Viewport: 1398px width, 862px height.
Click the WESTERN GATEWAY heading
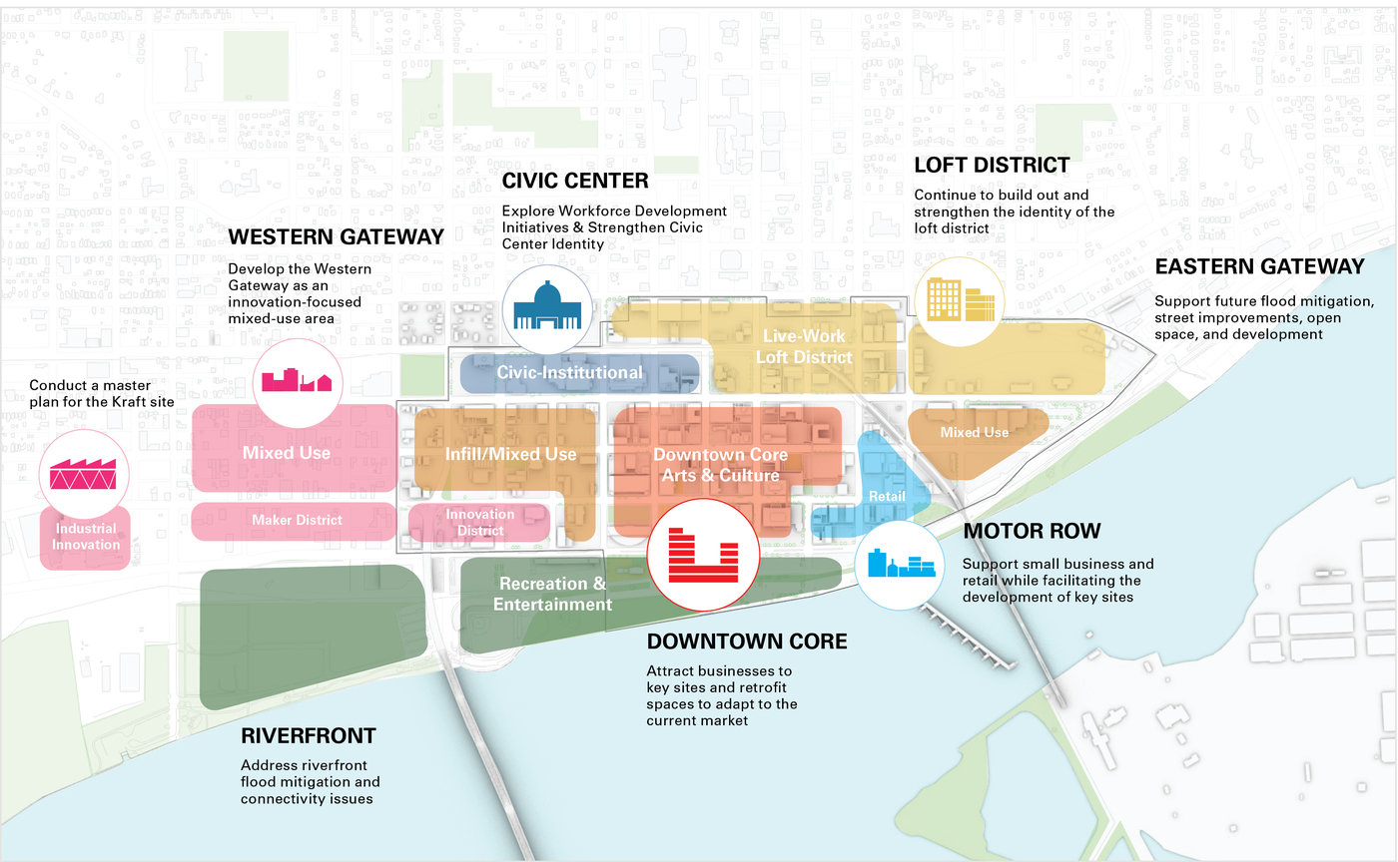coord(336,237)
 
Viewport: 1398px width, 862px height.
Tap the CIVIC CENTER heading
coord(575,182)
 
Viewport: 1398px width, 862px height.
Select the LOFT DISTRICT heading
coord(992,166)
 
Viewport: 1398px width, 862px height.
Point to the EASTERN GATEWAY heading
coord(1259,266)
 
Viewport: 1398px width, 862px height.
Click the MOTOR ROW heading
coord(1032,532)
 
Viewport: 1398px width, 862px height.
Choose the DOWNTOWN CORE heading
coord(747,642)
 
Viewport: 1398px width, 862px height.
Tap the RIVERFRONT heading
coord(309,737)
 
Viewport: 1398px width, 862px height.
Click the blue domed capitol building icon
coord(546,303)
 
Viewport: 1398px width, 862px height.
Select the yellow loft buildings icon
coord(961,300)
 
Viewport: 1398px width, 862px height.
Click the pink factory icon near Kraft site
coord(84,473)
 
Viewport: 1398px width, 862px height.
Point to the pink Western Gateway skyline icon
coord(297,381)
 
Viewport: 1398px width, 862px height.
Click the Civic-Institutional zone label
coord(570,373)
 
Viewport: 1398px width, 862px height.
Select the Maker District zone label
coord(297,520)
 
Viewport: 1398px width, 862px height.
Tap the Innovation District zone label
coord(480,523)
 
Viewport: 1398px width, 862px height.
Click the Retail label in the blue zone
coord(887,496)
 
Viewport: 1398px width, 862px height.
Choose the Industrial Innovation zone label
coord(86,537)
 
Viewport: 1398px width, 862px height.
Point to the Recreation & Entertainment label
coord(552,594)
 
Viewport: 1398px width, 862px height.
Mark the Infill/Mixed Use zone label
coord(510,455)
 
